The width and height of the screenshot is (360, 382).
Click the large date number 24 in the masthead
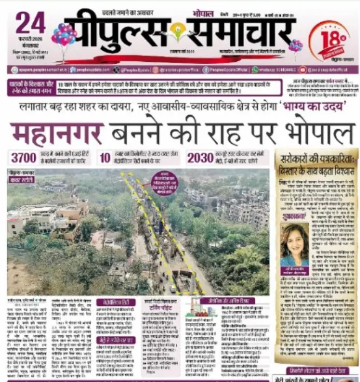(30, 23)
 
